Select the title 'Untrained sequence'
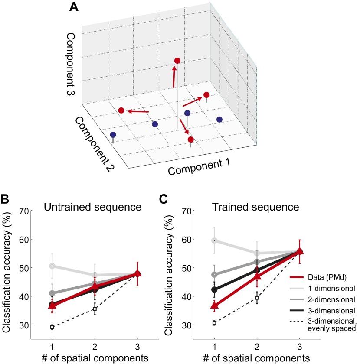93,207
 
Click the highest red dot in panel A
177,61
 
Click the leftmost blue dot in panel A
113,135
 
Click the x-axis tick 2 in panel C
257,347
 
